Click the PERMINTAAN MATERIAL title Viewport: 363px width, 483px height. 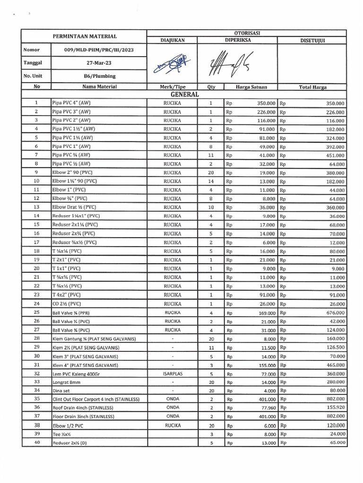84,36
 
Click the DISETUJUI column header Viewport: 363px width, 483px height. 312,41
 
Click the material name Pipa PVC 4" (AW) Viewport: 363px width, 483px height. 71,103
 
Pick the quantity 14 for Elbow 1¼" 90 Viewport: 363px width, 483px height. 211,181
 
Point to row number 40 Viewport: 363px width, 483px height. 36,442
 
